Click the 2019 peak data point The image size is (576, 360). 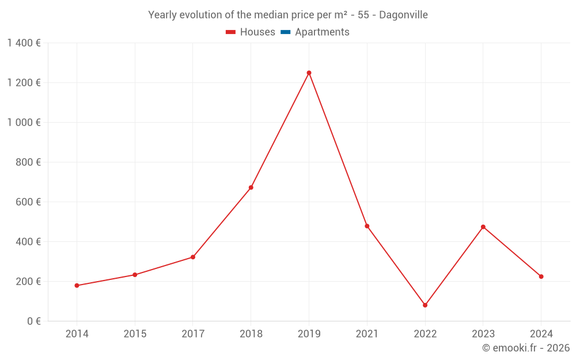[x=309, y=73]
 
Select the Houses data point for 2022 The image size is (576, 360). [x=425, y=305]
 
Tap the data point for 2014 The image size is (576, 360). [x=77, y=286]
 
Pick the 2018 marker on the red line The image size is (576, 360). [x=251, y=188]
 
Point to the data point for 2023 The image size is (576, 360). [x=483, y=227]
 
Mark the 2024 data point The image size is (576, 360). [x=541, y=276]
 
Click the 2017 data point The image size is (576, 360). [x=193, y=257]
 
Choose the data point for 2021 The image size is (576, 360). [x=367, y=226]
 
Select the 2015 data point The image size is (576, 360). [x=135, y=275]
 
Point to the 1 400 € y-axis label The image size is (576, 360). [x=24, y=43]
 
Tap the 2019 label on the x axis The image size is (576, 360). [x=309, y=334]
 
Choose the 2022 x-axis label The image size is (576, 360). [x=425, y=334]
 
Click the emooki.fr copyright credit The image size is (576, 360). [x=526, y=348]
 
